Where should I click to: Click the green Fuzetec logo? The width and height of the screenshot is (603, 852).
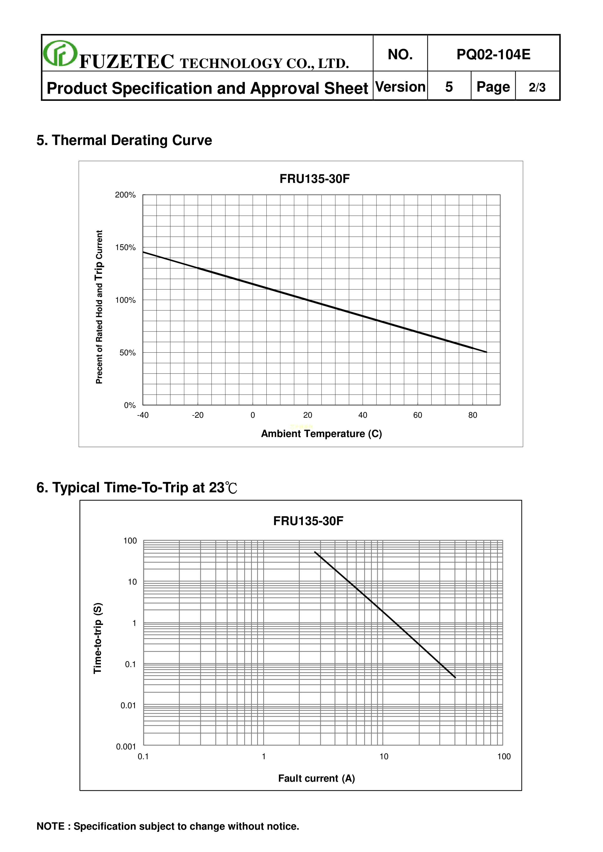[x=60, y=53]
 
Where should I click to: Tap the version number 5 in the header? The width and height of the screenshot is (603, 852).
[x=449, y=87]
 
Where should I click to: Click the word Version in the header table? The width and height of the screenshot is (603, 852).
[x=400, y=87]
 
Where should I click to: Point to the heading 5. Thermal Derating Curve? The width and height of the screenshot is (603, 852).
[x=124, y=140]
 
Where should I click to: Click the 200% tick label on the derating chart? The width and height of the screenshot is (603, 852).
[x=125, y=195]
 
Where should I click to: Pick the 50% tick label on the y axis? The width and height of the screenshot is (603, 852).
[x=127, y=352]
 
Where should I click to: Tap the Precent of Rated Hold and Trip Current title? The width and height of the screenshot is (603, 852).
[x=99, y=307]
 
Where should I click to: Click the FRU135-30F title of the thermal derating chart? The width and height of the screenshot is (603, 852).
[x=315, y=179]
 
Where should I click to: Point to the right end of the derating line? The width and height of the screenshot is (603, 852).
[x=486, y=352]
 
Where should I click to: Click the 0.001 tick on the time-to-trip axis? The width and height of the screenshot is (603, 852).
[x=126, y=747]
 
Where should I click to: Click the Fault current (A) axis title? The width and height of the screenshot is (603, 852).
[x=316, y=778]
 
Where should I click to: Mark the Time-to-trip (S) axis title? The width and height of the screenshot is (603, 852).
[x=98, y=638]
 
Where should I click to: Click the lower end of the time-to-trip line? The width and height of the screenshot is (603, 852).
[x=455, y=678]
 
